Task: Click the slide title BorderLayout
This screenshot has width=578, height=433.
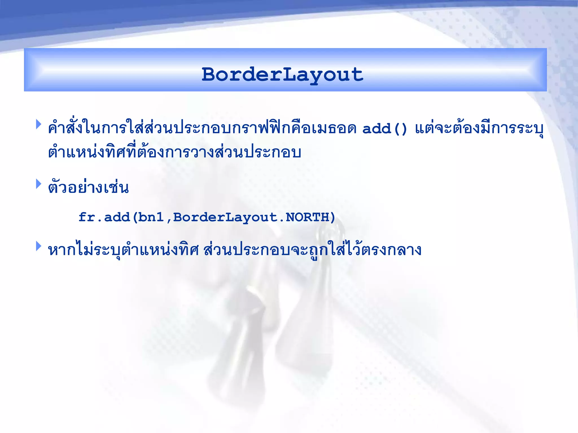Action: [x=283, y=74]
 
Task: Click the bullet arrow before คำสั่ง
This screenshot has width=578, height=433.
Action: [x=39, y=124]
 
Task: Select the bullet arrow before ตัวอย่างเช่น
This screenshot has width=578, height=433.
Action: [x=39, y=184]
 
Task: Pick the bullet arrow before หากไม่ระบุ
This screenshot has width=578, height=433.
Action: [x=39, y=246]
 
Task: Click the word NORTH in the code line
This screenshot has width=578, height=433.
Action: [x=307, y=217]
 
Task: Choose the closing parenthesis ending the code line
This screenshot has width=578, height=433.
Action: [x=332, y=217]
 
